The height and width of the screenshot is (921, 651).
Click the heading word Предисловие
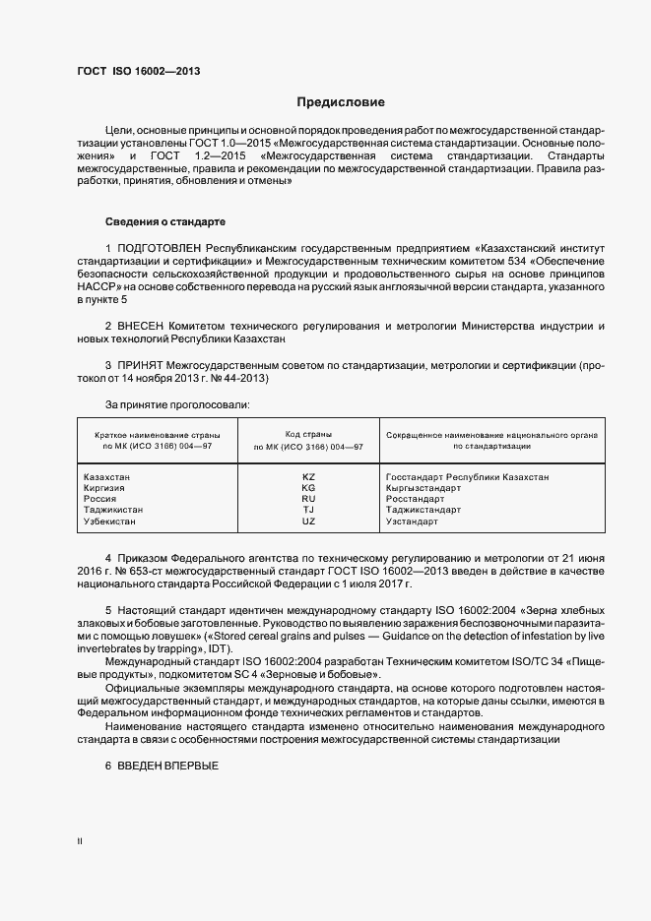tap(341, 102)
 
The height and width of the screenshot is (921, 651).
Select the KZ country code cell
tap(308, 477)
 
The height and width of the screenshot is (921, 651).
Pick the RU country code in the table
tap(308, 499)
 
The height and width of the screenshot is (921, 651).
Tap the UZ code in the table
tap(308, 521)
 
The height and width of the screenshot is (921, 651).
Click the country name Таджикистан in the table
tap(114, 510)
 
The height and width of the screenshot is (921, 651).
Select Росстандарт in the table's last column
tap(416, 499)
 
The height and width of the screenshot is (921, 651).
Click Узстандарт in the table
tap(413, 521)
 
